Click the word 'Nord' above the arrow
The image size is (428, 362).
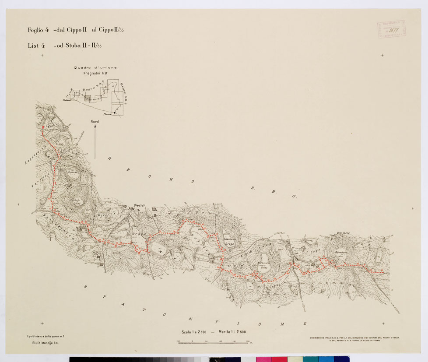(x=95, y=121)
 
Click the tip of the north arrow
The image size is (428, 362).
(x=95, y=126)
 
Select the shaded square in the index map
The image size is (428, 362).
(x=88, y=98)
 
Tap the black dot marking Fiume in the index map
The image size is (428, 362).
(x=115, y=112)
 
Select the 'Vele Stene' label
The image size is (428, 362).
(x=343, y=233)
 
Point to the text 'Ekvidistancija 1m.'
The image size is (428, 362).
(x=43, y=344)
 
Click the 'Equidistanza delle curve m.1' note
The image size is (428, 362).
(x=45, y=336)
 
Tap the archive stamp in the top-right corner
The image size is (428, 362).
(x=391, y=29)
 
